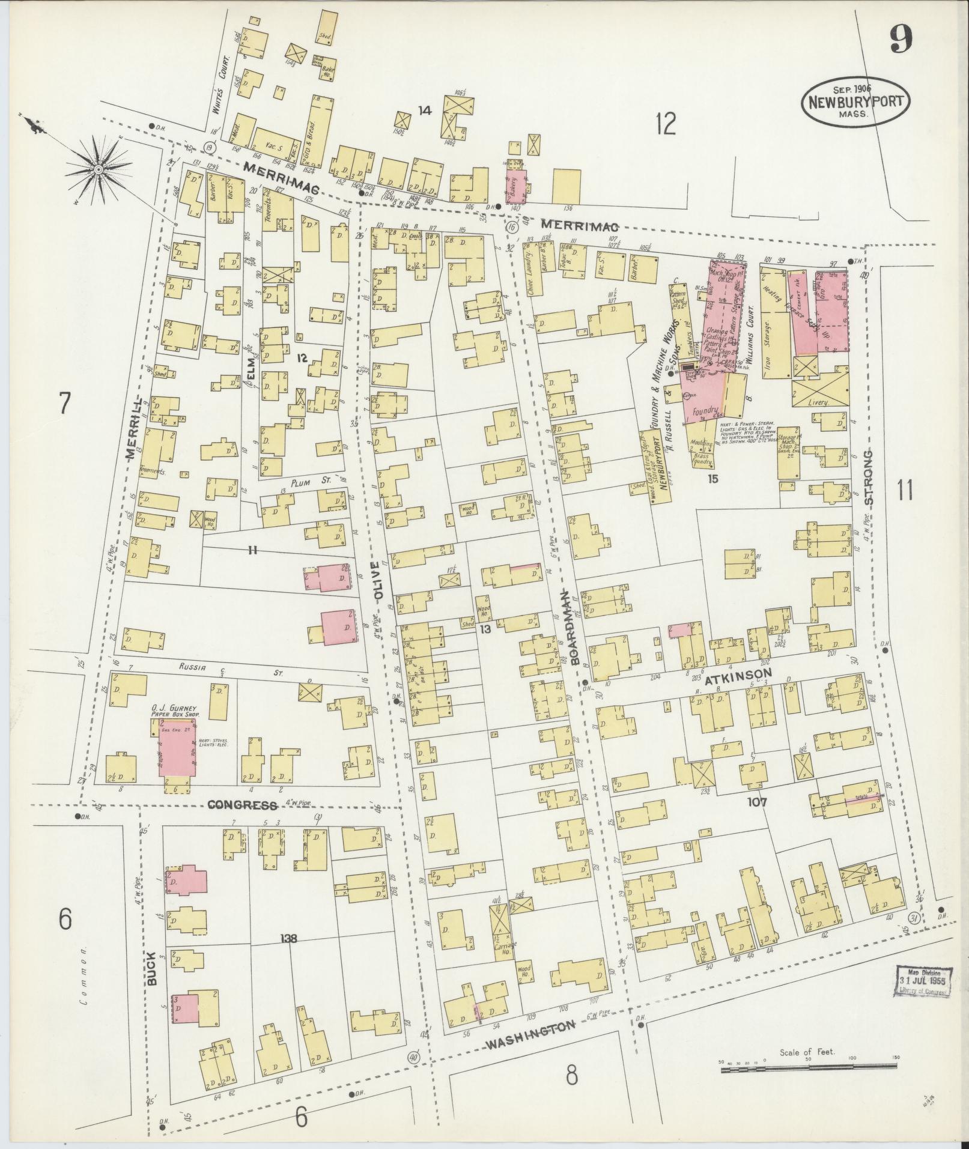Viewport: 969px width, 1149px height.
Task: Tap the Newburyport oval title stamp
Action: coord(855,102)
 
